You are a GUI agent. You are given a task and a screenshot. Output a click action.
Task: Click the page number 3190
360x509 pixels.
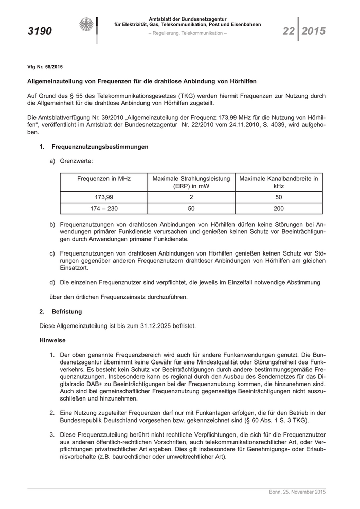[x=40, y=32]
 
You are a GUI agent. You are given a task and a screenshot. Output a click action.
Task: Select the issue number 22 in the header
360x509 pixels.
[x=289, y=32]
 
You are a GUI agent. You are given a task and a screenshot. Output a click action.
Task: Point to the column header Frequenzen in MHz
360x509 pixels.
[x=104, y=179]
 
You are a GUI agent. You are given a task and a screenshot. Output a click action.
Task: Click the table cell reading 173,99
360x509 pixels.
[x=104, y=197]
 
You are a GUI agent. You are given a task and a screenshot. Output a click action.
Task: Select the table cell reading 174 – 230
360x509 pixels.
[x=104, y=209]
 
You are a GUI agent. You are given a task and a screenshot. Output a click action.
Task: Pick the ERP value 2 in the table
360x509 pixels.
[x=191, y=197]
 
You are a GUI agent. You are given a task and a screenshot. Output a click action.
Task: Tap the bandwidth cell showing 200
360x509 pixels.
[x=279, y=209]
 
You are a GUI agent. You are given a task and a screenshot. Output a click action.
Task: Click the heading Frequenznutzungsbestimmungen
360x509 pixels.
[x=100, y=147]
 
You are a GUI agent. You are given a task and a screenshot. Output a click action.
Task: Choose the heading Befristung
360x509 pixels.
[x=66, y=311]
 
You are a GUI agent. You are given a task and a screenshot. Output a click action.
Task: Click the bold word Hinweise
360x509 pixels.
[x=53, y=340]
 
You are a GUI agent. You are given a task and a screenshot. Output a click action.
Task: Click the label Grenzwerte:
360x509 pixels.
[x=76, y=161]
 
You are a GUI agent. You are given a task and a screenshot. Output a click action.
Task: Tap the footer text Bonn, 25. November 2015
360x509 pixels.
[x=297, y=493]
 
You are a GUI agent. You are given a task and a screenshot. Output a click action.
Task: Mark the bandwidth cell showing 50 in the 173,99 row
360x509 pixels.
[x=279, y=197]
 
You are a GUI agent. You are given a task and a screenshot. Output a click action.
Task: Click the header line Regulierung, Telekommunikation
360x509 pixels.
[x=187, y=33]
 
